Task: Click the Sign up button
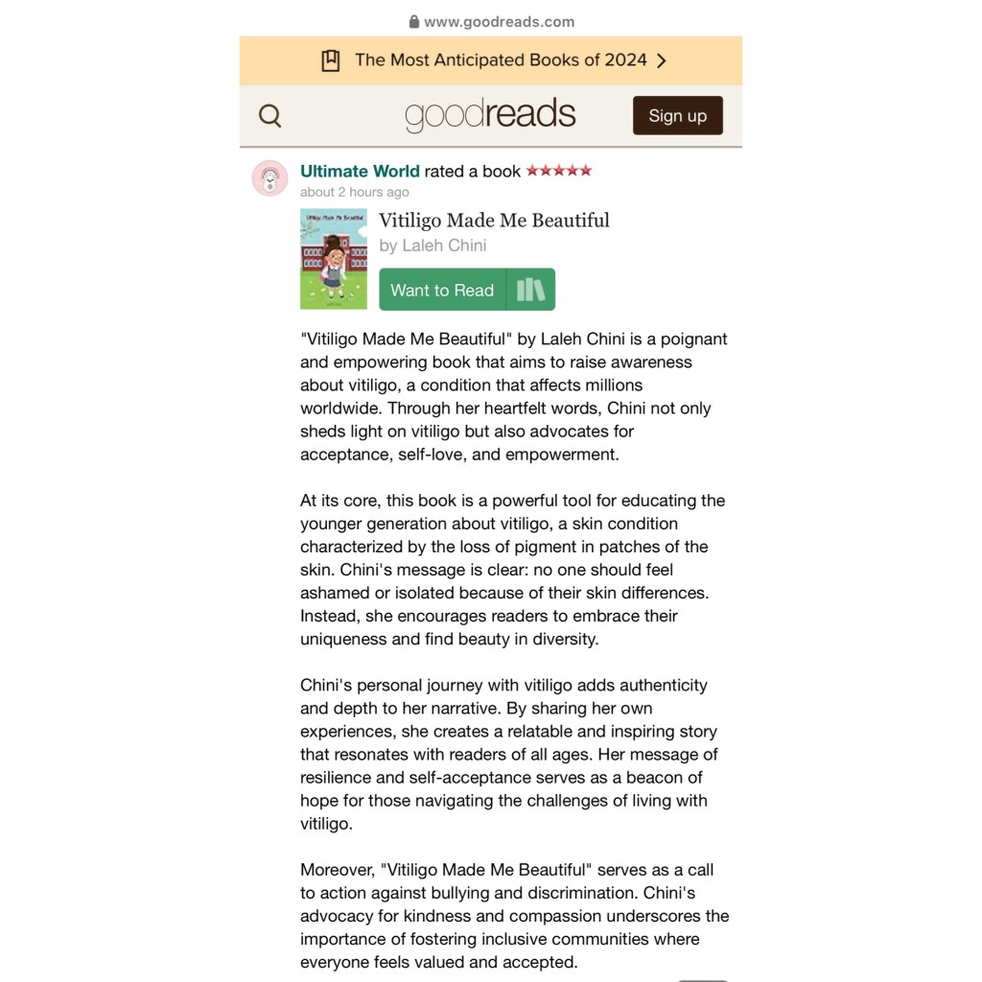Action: (x=677, y=116)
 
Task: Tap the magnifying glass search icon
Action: (x=270, y=116)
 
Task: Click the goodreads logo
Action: (x=490, y=115)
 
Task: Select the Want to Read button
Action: (x=442, y=290)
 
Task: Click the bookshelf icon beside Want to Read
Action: (x=530, y=290)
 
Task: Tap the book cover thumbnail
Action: (x=333, y=259)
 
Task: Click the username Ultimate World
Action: (x=360, y=172)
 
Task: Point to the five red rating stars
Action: (x=559, y=171)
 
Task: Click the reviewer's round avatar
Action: (x=270, y=178)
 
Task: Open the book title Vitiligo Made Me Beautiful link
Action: (x=494, y=221)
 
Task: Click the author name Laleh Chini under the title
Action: (x=444, y=245)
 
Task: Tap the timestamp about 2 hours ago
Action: (x=355, y=192)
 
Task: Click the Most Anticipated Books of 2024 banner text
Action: (x=501, y=60)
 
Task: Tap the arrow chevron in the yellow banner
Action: (x=661, y=60)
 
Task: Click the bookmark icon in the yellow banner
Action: (x=331, y=60)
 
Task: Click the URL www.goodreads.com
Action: (x=499, y=22)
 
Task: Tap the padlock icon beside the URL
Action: (x=414, y=22)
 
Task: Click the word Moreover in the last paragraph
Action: (x=337, y=870)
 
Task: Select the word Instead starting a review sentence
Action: (x=330, y=616)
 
